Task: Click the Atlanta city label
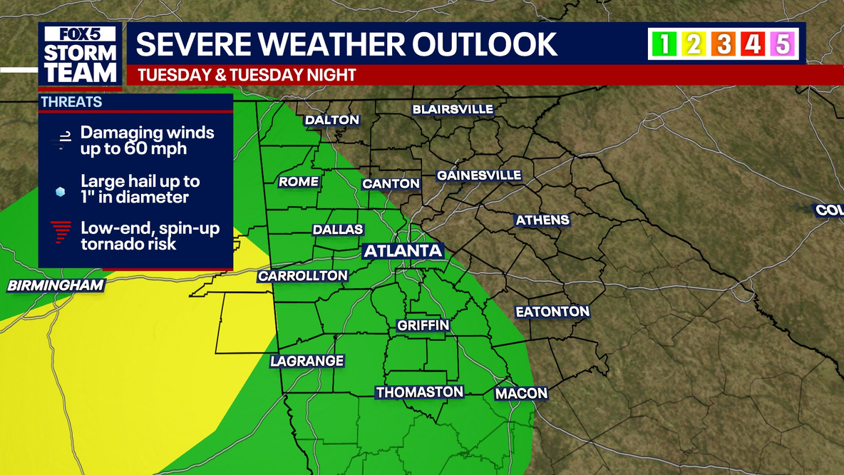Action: tap(403, 251)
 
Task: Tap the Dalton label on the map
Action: tap(332, 120)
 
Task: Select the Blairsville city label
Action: tap(453, 109)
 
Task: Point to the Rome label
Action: tap(299, 182)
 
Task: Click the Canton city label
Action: tap(391, 184)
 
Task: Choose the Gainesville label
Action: tap(479, 175)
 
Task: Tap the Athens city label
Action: tap(542, 220)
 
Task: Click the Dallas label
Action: tap(338, 230)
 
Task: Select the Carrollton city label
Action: tap(303, 276)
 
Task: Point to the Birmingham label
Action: tap(56, 286)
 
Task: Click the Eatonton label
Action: tap(552, 312)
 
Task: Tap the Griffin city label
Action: tap(423, 326)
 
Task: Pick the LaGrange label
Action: tap(307, 362)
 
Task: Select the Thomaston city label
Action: tap(420, 392)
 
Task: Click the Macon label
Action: tap(521, 394)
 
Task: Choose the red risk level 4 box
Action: tap(753, 44)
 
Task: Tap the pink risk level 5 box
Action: tap(783, 44)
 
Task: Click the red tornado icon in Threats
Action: tap(61, 233)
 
